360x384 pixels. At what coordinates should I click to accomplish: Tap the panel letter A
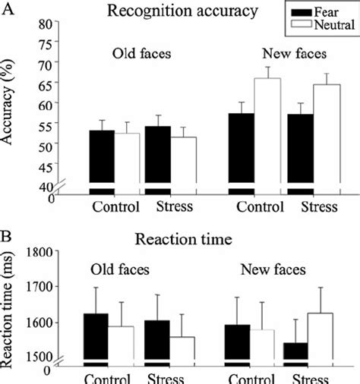[7, 8]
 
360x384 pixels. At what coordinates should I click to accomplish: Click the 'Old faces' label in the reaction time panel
[120, 269]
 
